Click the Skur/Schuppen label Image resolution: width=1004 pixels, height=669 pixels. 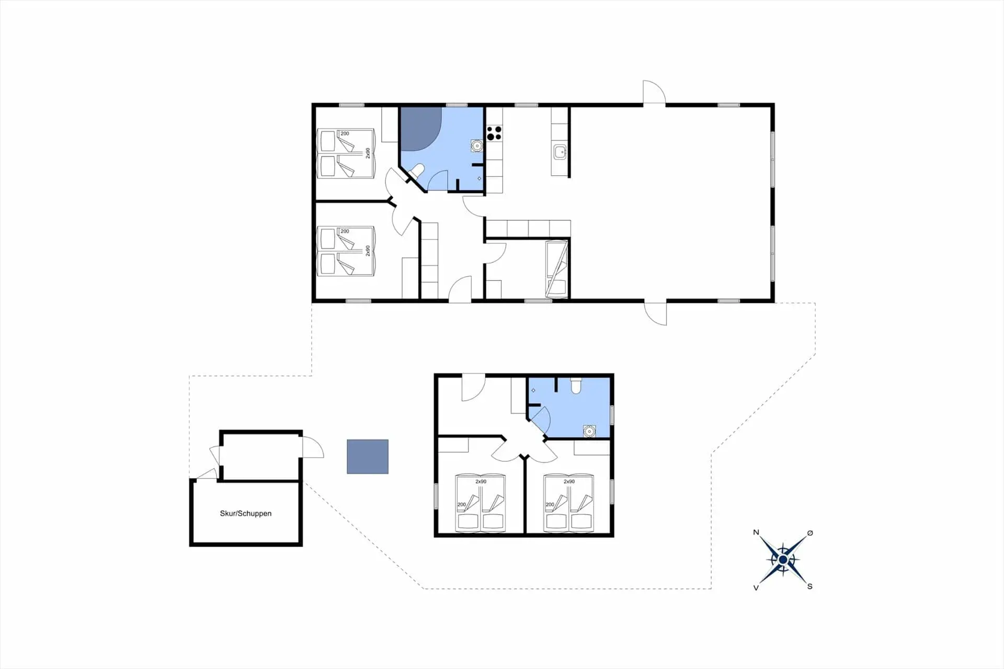(246, 514)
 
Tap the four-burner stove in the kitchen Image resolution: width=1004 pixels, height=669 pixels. (494, 133)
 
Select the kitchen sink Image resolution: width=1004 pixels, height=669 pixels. (560, 152)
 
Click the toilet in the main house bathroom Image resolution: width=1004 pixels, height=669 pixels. (417, 171)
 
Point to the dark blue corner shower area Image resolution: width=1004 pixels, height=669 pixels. (420, 128)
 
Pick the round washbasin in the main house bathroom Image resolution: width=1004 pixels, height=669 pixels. (476, 145)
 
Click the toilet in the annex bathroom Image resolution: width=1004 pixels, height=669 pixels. (576, 385)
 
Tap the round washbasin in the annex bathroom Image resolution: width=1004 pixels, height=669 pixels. (590, 431)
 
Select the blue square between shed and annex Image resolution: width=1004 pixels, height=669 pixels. (368, 457)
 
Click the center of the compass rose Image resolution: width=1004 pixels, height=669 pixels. (783, 560)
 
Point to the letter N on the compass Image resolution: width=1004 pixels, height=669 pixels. (756, 532)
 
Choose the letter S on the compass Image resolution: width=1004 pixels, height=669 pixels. (809, 586)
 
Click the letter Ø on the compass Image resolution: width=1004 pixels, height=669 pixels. (810, 533)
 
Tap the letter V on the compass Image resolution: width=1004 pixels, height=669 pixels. (756, 587)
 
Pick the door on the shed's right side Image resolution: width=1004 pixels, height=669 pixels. (312, 448)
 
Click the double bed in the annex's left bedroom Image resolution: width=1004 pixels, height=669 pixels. (480, 503)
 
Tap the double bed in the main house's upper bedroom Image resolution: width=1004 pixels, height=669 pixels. (346, 153)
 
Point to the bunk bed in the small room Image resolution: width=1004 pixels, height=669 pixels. (557, 269)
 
